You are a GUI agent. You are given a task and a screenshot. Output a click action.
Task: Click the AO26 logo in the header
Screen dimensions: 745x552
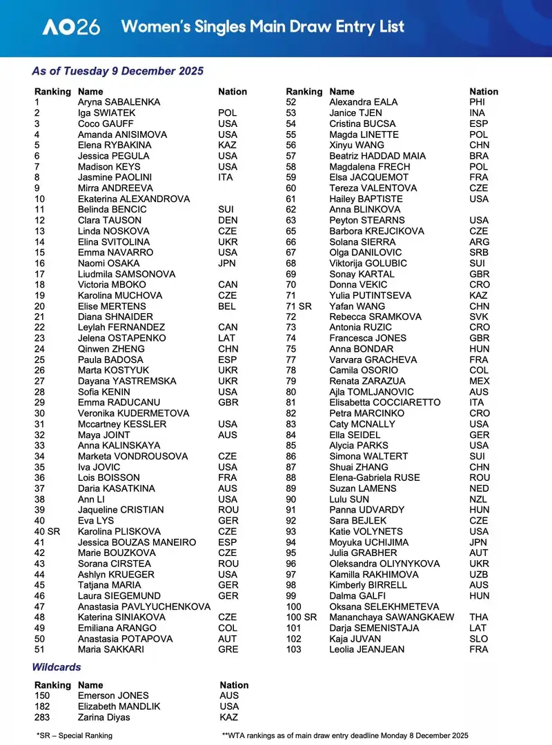pyautogui.click(x=71, y=27)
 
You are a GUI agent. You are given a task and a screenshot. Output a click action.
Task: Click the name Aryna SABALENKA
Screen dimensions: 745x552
pyautogui.click(x=119, y=102)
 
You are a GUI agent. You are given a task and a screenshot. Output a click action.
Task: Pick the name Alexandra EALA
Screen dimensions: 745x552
pyautogui.click(x=363, y=102)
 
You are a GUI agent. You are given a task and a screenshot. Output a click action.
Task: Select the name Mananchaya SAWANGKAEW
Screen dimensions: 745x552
pyautogui.click(x=391, y=617)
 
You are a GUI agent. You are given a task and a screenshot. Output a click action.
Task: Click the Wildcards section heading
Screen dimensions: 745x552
pyautogui.click(x=57, y=667)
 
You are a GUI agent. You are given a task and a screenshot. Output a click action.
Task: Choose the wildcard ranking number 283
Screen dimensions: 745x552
pyautogui.click(x=43, y=717)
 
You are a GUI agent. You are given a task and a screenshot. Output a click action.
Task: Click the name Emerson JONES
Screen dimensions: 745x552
pyautogui.click(x=113, y=695)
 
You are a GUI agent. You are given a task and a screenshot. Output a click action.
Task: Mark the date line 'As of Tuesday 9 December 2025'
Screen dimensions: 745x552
pyautogui.click(x=117, y=71)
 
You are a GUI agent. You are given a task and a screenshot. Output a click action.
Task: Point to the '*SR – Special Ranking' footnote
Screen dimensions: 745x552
pyautogui.click(x=75, y=735)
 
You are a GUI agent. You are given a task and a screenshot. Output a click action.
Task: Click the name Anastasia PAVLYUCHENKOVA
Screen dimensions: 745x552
pyautogui.click(x=144, y=606)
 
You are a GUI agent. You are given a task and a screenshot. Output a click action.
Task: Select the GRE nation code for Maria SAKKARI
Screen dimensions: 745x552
pyautogui.click(x=228, y=649)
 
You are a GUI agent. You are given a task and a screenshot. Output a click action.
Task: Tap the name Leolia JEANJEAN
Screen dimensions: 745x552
pyautogui.click(x=366, y=649)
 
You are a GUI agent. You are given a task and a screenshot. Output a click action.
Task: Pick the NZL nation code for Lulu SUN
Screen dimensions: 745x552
pyautogui.click(x=479, y=499)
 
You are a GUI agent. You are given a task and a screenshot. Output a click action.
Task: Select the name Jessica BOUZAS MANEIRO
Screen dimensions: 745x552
pyautogui.click(x=137, y=542)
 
